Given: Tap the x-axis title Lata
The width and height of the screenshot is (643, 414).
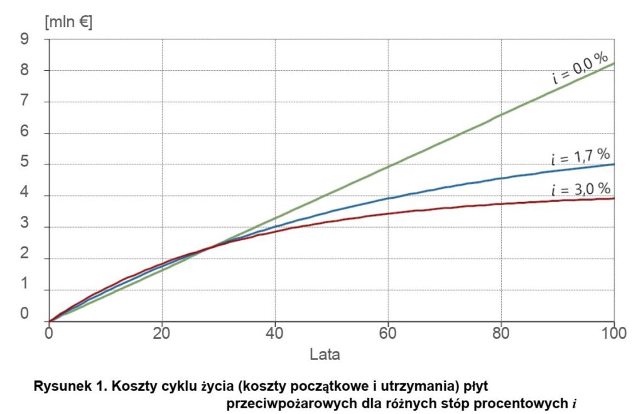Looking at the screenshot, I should pos(325,354).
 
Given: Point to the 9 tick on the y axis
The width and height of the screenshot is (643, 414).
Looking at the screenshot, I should pos(24,39).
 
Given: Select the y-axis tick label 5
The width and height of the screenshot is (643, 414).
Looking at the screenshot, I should pos(24,164).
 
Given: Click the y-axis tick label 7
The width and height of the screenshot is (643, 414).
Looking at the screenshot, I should pos(24,102).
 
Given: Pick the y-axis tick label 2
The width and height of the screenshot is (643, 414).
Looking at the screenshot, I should pos(24,258).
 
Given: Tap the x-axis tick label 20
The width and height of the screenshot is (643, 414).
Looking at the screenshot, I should pos(162,333).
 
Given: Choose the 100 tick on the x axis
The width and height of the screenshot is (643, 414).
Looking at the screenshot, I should pos(614,333).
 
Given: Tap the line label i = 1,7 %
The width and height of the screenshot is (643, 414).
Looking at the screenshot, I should pos(581,155).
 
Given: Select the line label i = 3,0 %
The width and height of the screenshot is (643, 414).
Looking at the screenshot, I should pos(581,189).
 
